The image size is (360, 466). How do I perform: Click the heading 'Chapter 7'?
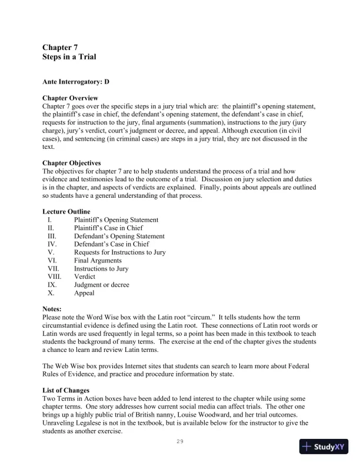coord(60,46)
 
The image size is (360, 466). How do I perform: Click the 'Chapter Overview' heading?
coord(70,98)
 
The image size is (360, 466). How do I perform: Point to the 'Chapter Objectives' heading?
coord(72,163)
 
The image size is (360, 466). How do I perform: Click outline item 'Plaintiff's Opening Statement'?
coord(116,220)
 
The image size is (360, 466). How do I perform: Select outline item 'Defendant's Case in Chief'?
coord(111,244)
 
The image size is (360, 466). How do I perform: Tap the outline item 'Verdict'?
coord(85,277)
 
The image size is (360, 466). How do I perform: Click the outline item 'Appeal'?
coord(84,293)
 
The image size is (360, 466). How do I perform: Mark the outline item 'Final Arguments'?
coord(98,261)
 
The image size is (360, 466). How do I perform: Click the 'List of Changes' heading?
coord(66,391)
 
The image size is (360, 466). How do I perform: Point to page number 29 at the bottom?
coord(180,441)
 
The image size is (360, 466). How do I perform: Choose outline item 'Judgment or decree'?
coord(102,285)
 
